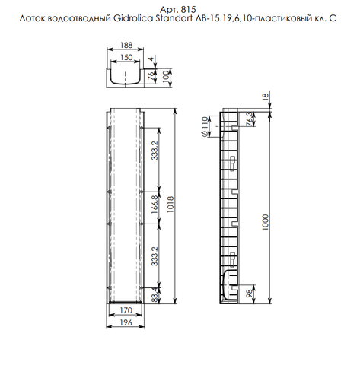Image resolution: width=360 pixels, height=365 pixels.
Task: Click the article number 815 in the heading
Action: pos(190,6)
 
